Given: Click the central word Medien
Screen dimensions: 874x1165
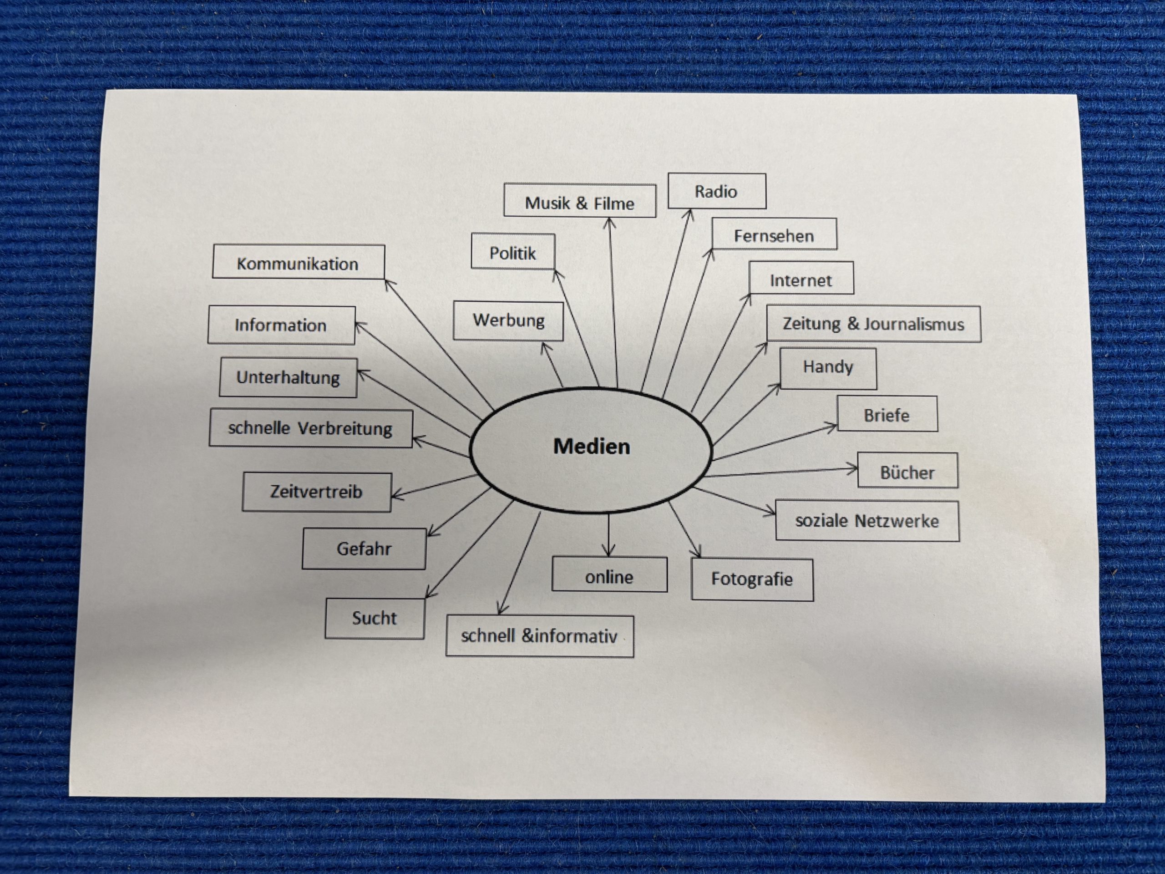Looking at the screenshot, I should pyautogui.click(x=591, y=447).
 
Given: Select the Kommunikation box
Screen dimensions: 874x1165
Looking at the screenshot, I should pyautogui.click(x=298, y=263).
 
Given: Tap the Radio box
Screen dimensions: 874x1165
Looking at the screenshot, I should pyautogui.click(x=716, y=191).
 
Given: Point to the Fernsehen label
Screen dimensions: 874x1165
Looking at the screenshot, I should pyautogui.click(x=774, y=235).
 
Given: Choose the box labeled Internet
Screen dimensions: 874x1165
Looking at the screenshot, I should pyautogui.click(x=800, y=280).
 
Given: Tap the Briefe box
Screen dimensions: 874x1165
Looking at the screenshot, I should pyautogui.click(x=886, y=415).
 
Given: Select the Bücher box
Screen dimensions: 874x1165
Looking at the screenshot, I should pyautogui.click(x=907, y=472).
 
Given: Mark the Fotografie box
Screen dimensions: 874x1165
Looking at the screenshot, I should pyautogui.click(x=752, y=579).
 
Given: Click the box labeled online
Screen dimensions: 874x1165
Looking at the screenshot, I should pyautogui.click(x=609, y=576).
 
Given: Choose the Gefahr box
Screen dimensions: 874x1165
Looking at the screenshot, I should pyautogui.click(x=364, y=549).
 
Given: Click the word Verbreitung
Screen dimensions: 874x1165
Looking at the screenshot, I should pyautogui.click(x=345, y=428).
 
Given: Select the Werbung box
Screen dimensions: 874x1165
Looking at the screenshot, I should pyautogui.click(x=508, y=320).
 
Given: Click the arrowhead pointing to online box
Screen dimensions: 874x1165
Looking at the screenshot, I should pyautogui.click(x=608, y=553).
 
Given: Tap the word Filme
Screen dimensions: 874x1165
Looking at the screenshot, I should pyautogui.click(x=613, y=203).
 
